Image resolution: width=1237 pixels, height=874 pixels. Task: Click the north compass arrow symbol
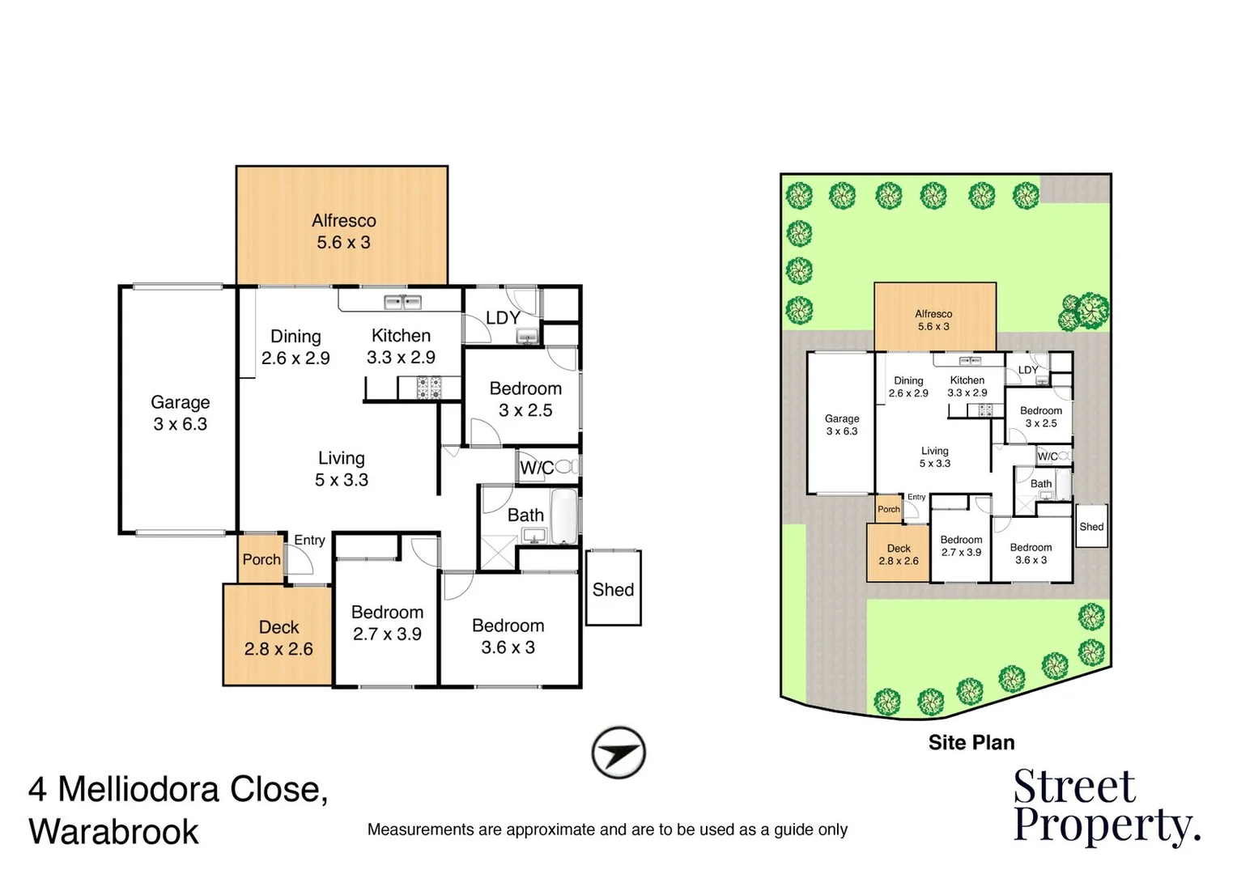point(618,753)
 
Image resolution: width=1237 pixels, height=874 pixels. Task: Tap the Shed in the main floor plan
point(613,589)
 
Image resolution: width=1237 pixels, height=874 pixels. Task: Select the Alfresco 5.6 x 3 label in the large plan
point(343,231)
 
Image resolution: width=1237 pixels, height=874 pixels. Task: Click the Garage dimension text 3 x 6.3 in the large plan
point(181,424)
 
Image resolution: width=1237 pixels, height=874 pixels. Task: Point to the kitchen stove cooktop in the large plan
point(428,388)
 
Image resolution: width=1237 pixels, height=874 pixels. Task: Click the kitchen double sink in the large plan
point(402,303)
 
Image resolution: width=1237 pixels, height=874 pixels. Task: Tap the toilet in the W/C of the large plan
point(567,466)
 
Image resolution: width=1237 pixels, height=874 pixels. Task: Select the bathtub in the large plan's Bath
point(563,516)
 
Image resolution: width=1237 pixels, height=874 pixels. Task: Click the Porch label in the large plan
point(261,559)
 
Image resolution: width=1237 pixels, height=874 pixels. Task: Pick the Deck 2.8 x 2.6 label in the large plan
point(278,638)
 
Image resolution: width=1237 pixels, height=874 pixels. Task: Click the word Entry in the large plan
point(309,540)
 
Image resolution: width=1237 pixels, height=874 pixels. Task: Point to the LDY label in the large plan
point(503,318)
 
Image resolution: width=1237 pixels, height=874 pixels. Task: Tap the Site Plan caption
point(971,742)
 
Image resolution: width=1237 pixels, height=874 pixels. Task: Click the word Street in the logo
point(1074,787)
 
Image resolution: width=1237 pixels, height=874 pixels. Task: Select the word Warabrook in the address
point(113,832)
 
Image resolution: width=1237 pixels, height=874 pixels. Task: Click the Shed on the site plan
point(1090,526)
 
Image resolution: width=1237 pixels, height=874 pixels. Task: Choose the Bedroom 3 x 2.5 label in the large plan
point(525,399)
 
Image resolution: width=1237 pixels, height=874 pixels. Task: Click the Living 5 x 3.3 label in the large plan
point(341,469)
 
